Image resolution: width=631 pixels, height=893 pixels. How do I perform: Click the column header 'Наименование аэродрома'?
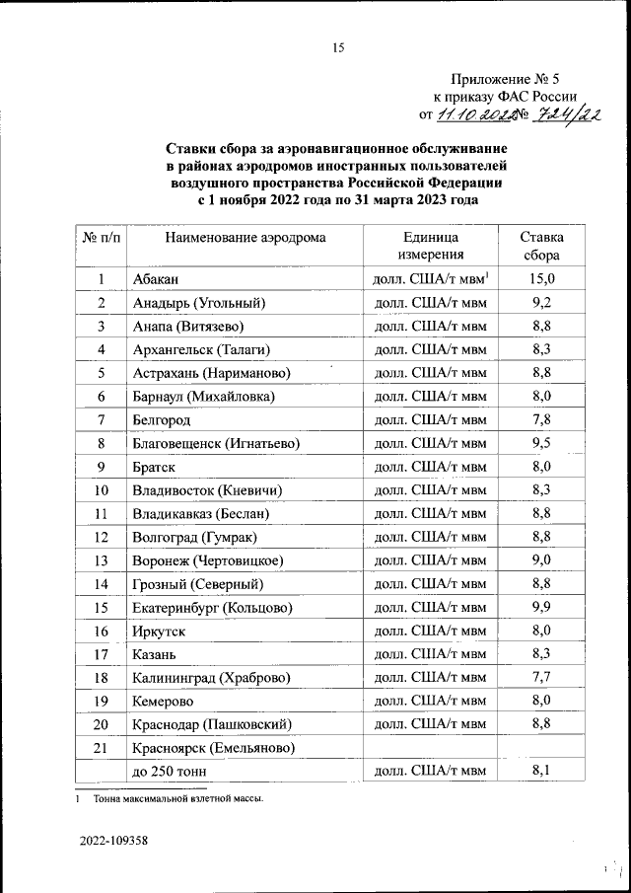tap(245, 237)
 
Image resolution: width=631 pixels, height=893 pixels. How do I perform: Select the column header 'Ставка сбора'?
tap(542, 246)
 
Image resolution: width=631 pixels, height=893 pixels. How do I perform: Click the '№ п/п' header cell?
tap(101, 237)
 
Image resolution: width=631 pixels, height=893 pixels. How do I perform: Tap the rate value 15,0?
tap(542, 279)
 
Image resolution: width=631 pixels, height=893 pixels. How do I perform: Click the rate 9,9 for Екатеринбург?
tap(542, 607)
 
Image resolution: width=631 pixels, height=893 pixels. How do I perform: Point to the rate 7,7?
tap(542, 678)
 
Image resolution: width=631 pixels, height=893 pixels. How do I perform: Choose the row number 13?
tap(101, 560)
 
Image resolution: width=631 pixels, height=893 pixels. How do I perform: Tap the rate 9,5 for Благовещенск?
tap(542, 443)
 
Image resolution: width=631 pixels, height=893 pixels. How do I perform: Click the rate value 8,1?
tap(542, 772)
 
